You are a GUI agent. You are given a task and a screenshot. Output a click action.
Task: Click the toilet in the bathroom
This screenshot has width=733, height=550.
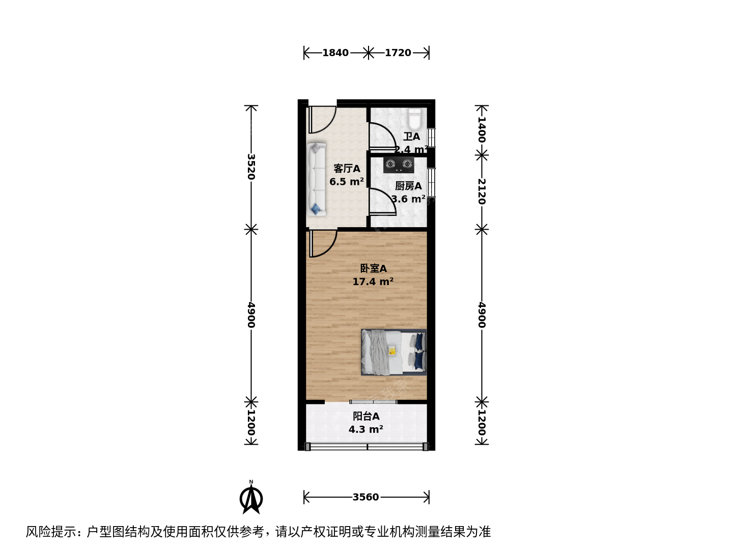coord(415,119)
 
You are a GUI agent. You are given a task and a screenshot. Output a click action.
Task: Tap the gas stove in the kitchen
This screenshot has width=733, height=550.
coord(399,164)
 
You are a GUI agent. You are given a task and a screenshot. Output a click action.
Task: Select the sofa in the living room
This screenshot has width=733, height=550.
coord(316,179)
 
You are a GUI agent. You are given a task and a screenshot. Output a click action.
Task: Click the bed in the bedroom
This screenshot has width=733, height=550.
coord(393,352)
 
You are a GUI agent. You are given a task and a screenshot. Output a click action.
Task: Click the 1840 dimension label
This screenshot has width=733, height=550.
coord(335,53)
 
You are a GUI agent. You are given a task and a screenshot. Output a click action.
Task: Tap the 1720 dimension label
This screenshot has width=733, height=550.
coord(398,53)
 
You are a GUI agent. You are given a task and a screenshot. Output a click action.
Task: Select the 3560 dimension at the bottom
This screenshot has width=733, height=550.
coord(365,497)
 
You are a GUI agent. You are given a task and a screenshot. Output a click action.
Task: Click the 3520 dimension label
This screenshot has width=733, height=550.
coord(251,167)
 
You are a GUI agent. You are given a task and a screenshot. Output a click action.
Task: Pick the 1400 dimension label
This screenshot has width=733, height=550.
coord(482,129)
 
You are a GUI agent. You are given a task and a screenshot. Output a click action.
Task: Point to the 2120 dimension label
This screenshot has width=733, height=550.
coord(482,191)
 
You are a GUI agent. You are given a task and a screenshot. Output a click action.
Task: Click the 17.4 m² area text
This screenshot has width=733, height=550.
coord(373,282)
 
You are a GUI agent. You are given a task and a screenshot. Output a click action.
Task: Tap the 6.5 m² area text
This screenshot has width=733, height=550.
coord(346,182)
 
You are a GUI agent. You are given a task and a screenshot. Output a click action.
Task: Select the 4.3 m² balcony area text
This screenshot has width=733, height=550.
coord(365,429)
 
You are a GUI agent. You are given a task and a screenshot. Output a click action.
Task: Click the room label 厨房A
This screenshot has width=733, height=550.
coord(408,186)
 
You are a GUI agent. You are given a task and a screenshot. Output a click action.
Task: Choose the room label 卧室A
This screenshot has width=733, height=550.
coord(373,268)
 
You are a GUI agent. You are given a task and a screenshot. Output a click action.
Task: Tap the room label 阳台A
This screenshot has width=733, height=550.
coord(366,417)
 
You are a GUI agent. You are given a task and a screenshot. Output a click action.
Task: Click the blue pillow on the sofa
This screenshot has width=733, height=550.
coord(315,209)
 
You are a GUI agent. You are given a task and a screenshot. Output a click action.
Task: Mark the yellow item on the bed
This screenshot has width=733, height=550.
coord(392,351)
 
